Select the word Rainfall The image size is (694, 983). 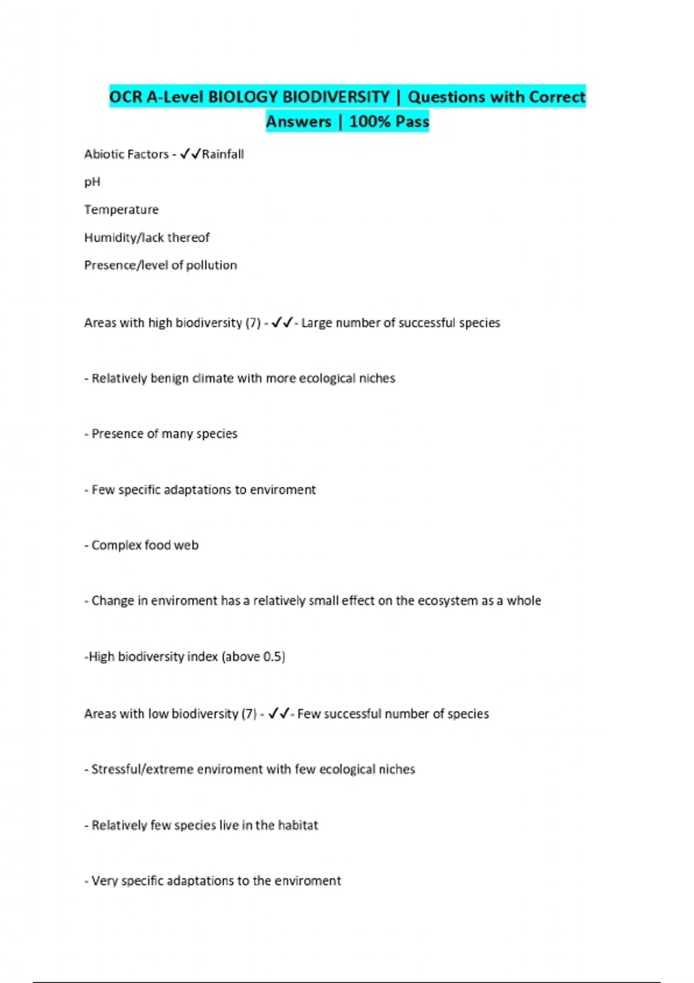pyautogui.click(x=223, y=154)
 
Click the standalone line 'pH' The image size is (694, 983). pyautogui.click(x=92, y=182)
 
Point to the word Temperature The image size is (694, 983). pyautogui.click(x=121, y=209)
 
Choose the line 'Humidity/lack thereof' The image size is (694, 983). pyautogui.click(x=147, y=238)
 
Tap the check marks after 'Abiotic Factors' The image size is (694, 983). pyautogui.click(x=190, y=154)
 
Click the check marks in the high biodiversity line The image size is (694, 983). pyautogui.click(x=282, y=322)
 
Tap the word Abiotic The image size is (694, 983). pyautogui.click(x=102, y=154)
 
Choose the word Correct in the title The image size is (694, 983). pyautogui.click(x=556, y=97)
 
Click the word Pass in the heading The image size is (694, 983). pyautogui.click(x=412, y=121)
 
